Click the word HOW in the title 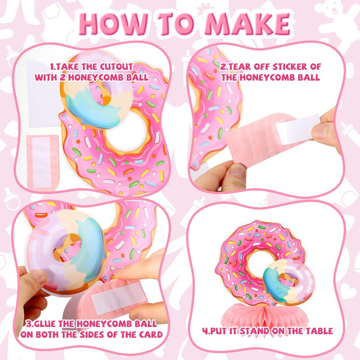[x=114, y=24]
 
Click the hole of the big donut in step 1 [x=127, y=131]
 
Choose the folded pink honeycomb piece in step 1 [x=42, y=162]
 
